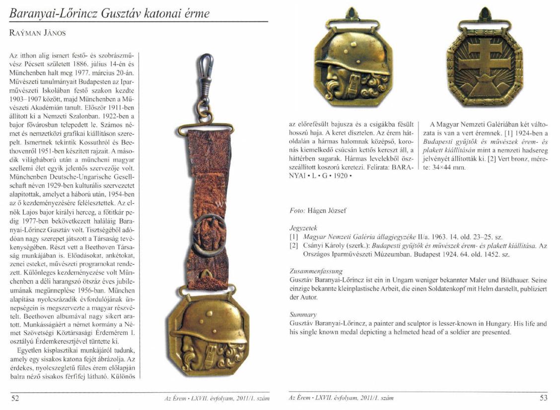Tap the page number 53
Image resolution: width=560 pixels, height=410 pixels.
pos(543,398)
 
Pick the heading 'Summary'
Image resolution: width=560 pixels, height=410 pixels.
pos(302,314)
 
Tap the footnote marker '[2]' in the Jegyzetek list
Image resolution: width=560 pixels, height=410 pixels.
pos(294,246)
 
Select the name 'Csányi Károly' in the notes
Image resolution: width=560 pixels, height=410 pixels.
pos(324,246)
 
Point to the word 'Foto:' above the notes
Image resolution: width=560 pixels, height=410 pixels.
pos(297,211)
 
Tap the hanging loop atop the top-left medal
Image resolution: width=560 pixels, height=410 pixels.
pos(351,14)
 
